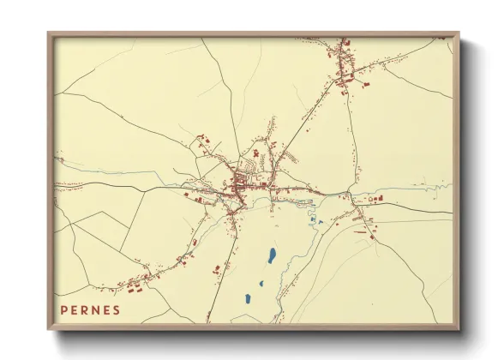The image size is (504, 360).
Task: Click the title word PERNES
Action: pyautogui.click(x=90, y=309)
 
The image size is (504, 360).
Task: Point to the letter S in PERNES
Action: pyautogui.click(x=117, y=309)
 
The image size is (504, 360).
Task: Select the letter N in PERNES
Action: pyautogui.click(x=95, y=309)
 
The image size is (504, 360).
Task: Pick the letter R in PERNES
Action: pyautogui.click(x=85, y=309)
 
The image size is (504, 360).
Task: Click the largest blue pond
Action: pyautogui.click(x=271, y=255)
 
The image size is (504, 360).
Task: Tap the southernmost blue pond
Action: pyautogui.click(x=248, y=299)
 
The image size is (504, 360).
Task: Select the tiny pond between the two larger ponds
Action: pyautogui.click(x=262, y=284)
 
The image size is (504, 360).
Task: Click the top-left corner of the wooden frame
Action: pyautogui.click(x=49, y=34)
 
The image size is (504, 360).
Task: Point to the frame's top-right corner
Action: pyautogui.click(x=458, y=34)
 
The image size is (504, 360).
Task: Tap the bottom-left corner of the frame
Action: pyautogui.click(x=49, y=329)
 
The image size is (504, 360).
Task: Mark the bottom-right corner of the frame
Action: pyautogui.click(x=458, y=329)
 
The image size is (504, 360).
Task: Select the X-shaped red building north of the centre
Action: pyautogui.click(x=255, y=153)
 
